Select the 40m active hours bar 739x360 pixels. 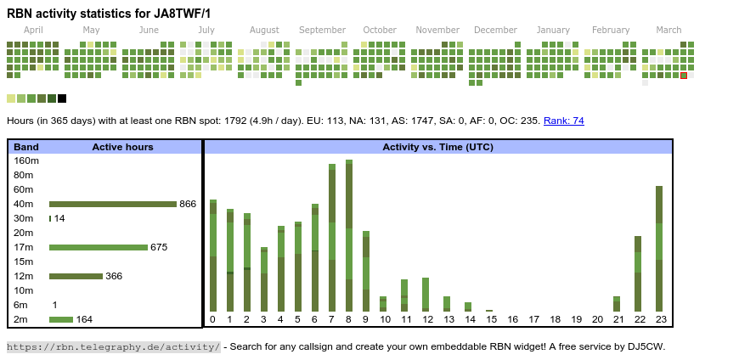point(112,204)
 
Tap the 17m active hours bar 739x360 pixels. point(98,247)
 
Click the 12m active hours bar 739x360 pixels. point(76,276)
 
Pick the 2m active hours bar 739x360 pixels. point(61,319)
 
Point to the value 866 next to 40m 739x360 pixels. point(188,204)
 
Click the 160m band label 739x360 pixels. point(26,160)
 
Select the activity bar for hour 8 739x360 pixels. point(348,238)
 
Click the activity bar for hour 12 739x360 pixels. point(426,295)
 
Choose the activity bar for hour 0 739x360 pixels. point(213,256)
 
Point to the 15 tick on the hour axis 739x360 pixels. point(491,319)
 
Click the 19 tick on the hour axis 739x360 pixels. point(576,319)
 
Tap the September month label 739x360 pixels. point(322,30)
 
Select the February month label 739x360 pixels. point(611,30)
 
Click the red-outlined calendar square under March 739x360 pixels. point(684,76)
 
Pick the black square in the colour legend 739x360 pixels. point(62,98)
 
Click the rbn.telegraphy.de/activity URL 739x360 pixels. point(114,346)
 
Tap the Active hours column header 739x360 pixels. point(122,147)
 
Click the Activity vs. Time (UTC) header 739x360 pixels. point(437,147)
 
